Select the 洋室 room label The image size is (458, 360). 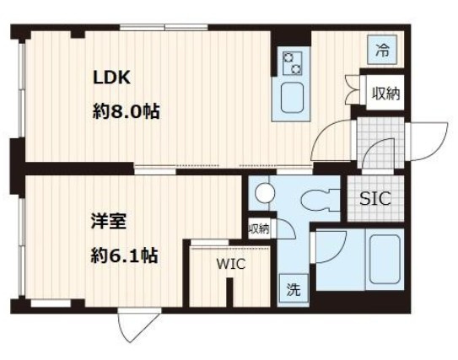pyautogui.click(x=108, y=223)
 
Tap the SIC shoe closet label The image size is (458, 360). pyautogui.click(x=375, y=201)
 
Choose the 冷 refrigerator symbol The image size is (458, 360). pyautogui.click(x=383, y=51)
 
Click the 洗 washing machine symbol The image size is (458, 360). pyautogui.click(x=293, y=292)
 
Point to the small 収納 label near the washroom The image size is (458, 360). pyautogui.click(x=259, y=229)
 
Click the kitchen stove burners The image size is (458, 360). pyautogui.click(x=293, y=60)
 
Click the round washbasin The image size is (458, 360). pyautogui.click(x=265, y=193)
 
